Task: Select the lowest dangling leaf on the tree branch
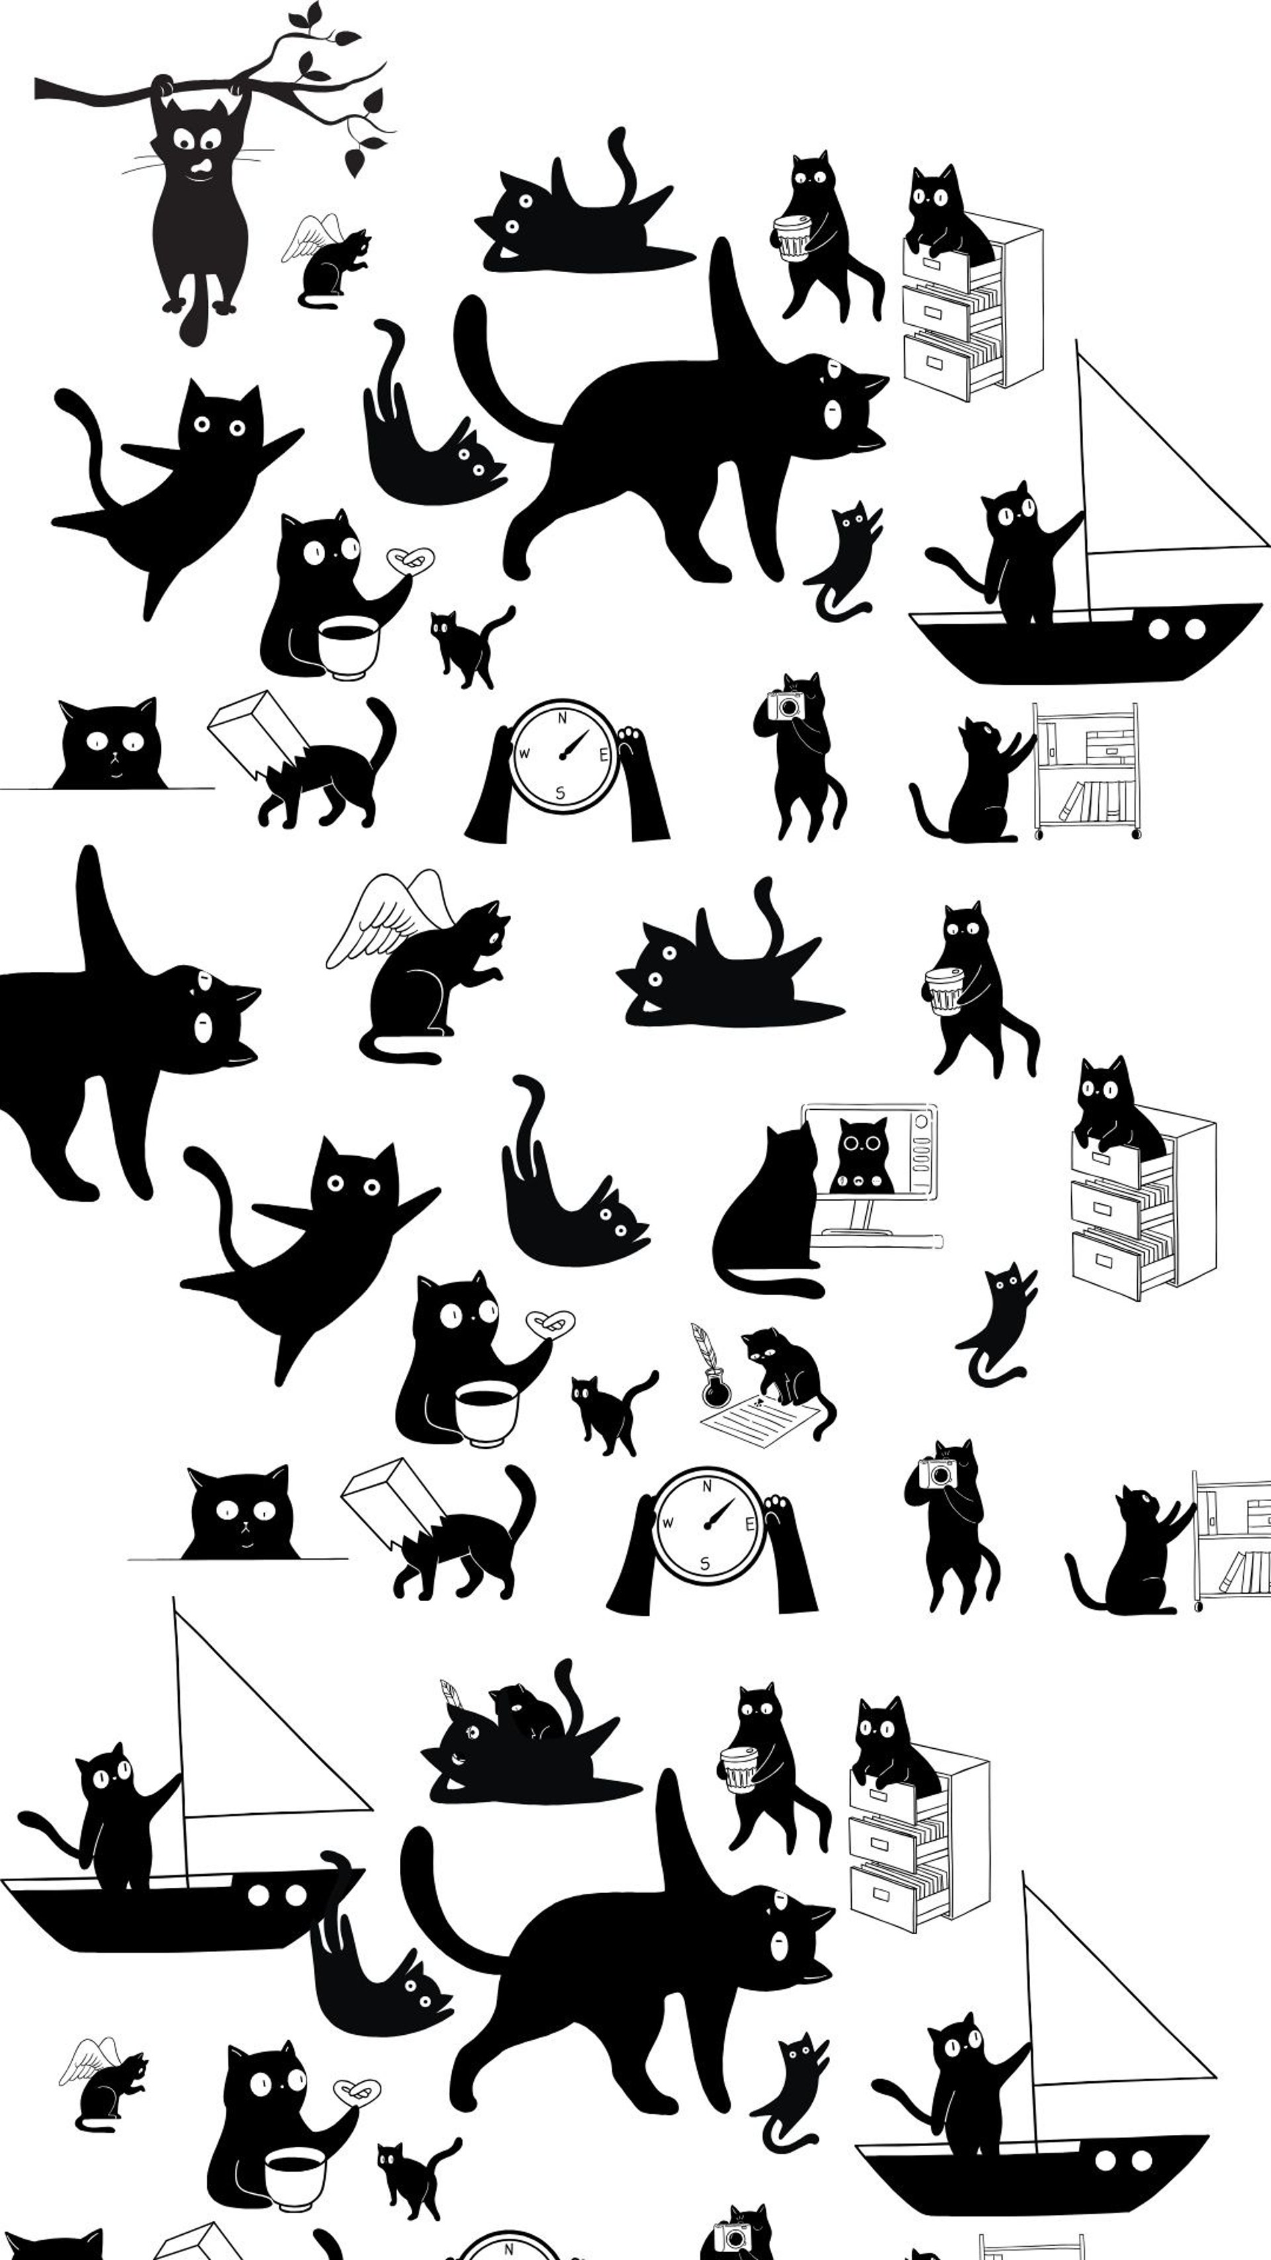[353, 162]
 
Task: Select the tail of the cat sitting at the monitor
[767, 1285]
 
